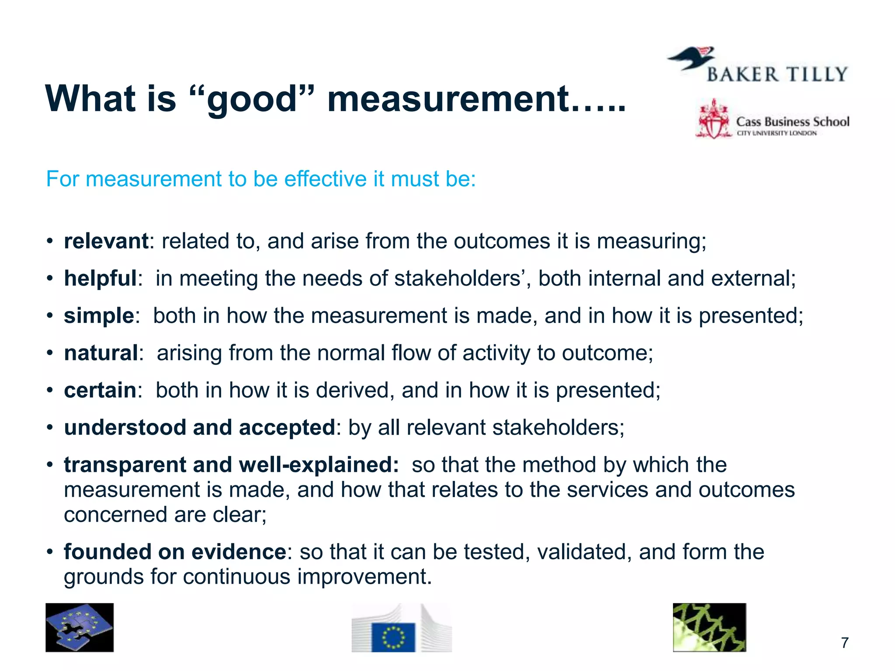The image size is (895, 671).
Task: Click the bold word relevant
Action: click(106, 241)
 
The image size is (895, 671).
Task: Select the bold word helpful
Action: click(101, 278)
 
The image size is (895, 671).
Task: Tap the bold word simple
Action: click(99, 315)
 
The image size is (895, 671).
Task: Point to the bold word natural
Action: click(101, 353)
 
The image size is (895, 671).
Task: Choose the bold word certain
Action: click(100, 390)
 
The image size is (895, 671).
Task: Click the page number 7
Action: click(845, 643)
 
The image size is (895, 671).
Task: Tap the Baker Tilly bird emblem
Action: click(691, 59)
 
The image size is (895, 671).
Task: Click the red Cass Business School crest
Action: click(713, 120)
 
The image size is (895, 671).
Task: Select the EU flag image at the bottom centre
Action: click(393, 637)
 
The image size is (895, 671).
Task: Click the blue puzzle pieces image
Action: click(80, 628)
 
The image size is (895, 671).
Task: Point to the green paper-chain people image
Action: click(709, 627)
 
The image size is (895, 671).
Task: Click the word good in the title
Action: click(252, 100)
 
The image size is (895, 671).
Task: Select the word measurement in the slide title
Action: click(448, 100)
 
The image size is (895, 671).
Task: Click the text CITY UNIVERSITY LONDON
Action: click(777, 133)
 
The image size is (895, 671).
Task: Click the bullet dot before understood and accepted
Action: click(50, 427)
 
